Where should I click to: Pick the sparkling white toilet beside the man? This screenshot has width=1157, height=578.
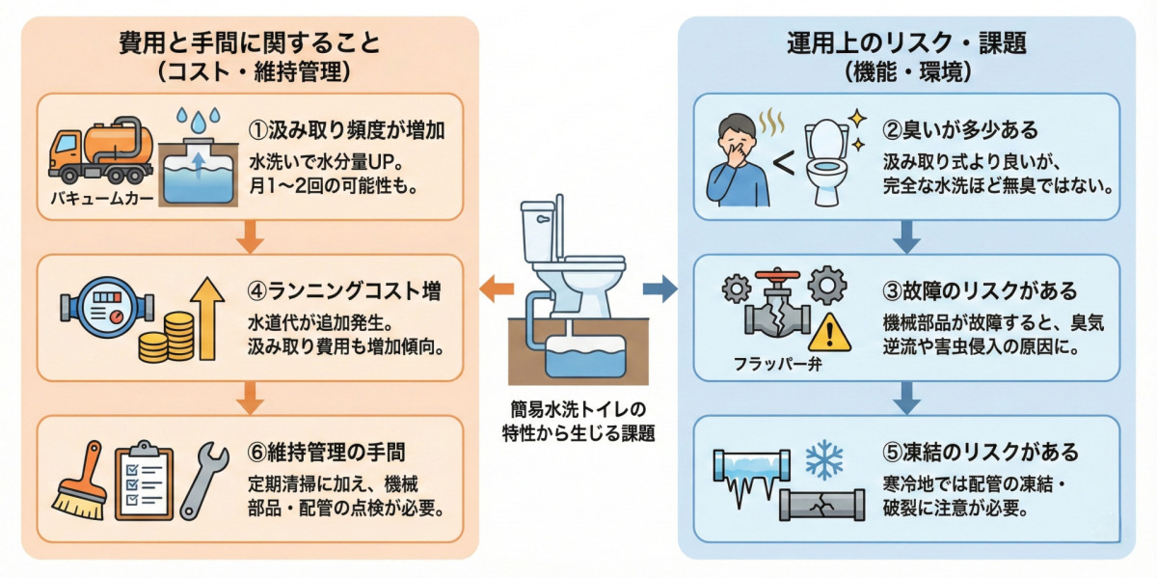coord(824,159)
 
